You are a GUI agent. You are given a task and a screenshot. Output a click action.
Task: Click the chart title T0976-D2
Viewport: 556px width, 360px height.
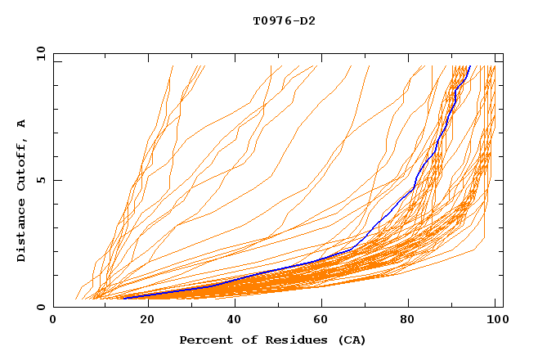[x=284, y=20]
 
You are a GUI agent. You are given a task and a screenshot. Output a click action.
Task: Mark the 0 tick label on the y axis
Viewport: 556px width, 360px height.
[x=40, y=307]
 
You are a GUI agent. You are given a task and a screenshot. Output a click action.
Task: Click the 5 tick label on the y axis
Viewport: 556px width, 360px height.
[x=40, y=180]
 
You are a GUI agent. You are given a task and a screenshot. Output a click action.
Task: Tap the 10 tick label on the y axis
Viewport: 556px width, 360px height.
[x=38, y=53]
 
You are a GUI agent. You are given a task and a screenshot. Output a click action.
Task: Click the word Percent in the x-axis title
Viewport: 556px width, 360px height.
[x=204, y=340]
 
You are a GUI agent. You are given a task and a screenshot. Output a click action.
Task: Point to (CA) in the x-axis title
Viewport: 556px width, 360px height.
[x=352, y=340]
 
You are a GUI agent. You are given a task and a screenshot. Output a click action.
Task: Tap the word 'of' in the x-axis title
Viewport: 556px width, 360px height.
[x=241, y=340]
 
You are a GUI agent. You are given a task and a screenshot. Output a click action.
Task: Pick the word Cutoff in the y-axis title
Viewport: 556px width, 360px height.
[x=22, y=163]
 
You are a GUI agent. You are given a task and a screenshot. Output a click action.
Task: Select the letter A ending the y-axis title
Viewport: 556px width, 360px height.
[x=22, y=124]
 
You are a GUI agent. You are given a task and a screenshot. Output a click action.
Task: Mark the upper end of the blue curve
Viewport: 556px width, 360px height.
[x=469, y=67]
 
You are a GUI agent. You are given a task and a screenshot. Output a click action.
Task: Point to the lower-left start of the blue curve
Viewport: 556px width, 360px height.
[x=124, y=298]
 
